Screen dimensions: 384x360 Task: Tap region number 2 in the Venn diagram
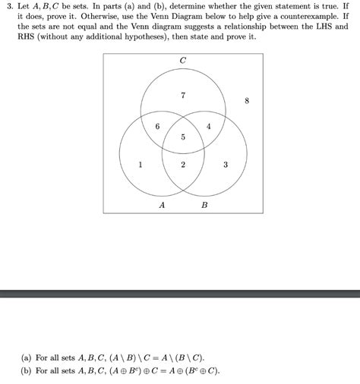pyautogui.click(x=183, y=164)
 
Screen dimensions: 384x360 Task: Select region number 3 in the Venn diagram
pyautogui.click(x=226, y=164)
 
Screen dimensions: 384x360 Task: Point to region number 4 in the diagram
pyautogui.click(x=209, y=127)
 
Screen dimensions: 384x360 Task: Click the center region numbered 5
pyautogui.click(x=183, y=137)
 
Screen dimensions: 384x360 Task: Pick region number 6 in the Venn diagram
pyautogui.click(x=157, y=127)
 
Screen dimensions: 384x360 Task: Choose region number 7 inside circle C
pyautogui.click(x=183, y=96)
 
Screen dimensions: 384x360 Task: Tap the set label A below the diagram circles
pyautogui.click(x=162, y=206)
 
